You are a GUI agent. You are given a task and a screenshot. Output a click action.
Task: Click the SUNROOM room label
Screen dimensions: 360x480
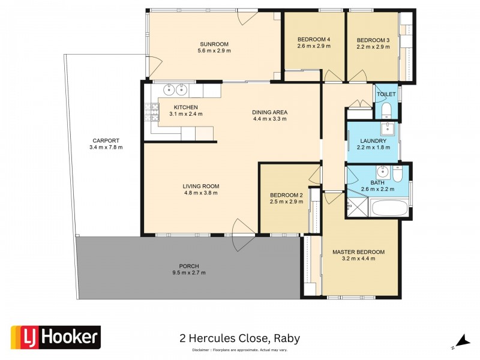click(214, 44)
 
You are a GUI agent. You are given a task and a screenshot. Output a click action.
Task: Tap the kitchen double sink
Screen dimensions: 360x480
click(175, 90)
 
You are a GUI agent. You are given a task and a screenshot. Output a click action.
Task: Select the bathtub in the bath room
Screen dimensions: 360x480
click(389, 209)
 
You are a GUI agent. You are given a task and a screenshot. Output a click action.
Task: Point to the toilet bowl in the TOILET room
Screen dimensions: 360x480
click(387, 109)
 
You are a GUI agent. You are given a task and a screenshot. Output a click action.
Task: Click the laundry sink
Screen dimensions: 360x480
click(387, 128)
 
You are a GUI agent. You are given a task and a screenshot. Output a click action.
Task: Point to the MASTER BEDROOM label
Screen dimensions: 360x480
click(358, 252)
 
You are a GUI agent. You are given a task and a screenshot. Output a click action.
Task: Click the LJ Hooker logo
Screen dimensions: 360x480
click(56, 338)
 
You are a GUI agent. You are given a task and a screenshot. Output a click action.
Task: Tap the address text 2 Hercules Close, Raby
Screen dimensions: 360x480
click(240, 338)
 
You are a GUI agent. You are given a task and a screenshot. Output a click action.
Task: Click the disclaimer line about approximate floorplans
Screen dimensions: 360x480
click(239, 350)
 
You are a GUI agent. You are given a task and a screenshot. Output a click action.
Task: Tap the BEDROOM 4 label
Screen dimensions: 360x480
click(314, 40)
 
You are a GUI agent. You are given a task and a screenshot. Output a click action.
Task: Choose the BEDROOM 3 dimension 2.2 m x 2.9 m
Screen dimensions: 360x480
click(373, 47)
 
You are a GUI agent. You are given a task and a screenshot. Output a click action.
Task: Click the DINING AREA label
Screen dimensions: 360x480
click(270, 112)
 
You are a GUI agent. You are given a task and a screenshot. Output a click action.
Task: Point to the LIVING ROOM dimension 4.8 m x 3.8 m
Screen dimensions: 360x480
click(200, 193)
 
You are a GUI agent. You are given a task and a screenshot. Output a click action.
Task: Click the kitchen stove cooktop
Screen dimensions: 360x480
click(147, 111)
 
